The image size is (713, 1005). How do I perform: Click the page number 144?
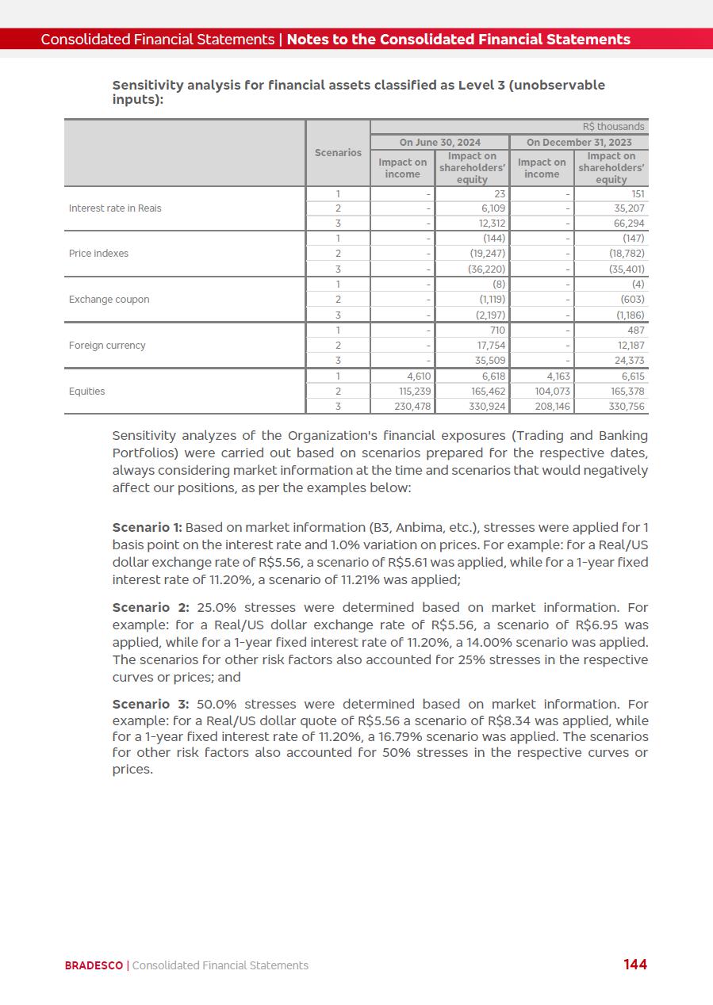[634, 964]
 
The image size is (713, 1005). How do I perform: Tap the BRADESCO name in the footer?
[94, 965]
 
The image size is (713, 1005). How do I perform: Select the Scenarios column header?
[338, 152]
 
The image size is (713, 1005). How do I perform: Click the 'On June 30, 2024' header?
[439, 143]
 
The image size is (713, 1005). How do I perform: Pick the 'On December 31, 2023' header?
[579, 143]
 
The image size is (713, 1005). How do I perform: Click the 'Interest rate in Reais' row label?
[115, 208]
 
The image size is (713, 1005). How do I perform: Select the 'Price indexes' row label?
[98, 254]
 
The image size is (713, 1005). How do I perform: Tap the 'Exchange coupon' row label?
[109, 300]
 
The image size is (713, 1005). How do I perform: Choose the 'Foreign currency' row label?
[107, 346]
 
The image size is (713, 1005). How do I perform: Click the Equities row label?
[86, 392]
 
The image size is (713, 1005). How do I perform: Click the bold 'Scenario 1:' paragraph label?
[148, 528]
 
